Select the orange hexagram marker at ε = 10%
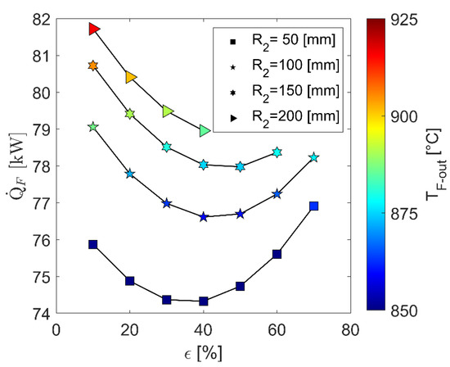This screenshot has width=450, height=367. point(93,66)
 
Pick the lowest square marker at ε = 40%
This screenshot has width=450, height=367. point(203,301)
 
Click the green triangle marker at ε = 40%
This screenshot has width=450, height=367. point(204,129)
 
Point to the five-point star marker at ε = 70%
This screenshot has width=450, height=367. point(313,157)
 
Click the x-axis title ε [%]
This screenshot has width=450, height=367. point(203,352)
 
